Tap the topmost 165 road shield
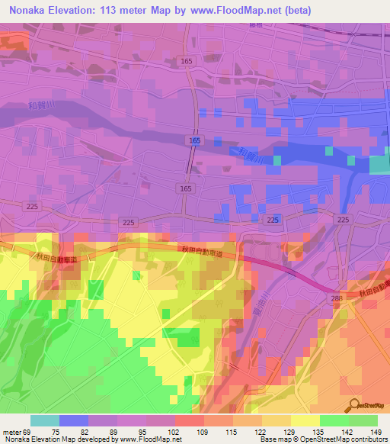187,60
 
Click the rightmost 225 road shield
343,220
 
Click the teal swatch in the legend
44,420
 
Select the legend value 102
160,432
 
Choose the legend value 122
248,432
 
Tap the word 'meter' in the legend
10,432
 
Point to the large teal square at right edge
379,166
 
